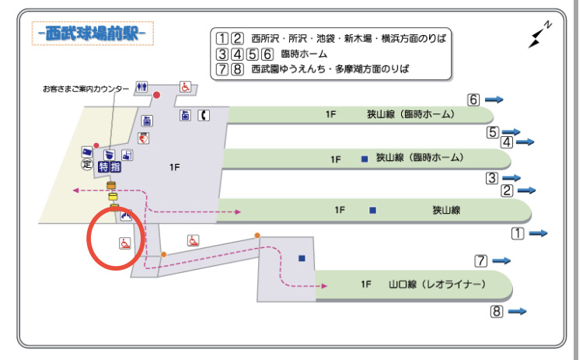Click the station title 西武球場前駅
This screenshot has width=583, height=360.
pos(93,33)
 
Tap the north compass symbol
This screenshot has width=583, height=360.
pos(539,35)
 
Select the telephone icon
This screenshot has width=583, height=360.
pos(204,116)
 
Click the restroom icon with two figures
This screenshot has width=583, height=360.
pos(141,87)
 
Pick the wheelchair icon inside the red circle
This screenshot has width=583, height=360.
pos(125,243)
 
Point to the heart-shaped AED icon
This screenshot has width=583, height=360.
pos(144,138)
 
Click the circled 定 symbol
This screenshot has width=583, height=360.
pos(86,164)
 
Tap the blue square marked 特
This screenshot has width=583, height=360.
pos(103,167)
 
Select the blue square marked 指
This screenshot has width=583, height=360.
pos(115,167)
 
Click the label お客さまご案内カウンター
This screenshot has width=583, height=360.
pos(86,89)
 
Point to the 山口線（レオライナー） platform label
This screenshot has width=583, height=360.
pos(437,285)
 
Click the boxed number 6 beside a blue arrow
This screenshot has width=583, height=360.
pos(473,100)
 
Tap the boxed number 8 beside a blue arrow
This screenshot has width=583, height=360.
pos(497,311)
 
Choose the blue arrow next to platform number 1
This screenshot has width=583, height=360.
pos(538,233)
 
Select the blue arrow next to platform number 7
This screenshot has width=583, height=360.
pos(501,260)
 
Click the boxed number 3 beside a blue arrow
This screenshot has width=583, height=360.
pos(492,178)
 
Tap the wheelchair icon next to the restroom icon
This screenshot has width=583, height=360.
pos(185,87)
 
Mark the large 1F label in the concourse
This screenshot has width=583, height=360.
pos(174,167)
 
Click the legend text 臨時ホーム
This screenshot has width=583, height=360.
pos(304,54)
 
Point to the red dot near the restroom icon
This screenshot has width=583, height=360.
pos(156,95)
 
